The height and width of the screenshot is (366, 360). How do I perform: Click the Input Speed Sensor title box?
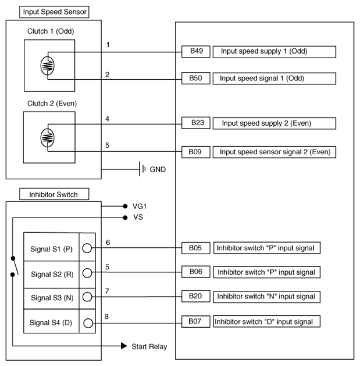[47, 11]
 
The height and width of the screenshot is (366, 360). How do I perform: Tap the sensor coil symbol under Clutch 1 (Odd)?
[48, 66]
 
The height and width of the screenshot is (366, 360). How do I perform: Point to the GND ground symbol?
[142, 169]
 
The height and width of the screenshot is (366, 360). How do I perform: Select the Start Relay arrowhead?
[124, 346]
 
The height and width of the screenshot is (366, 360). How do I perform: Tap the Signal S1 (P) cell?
[51, 249]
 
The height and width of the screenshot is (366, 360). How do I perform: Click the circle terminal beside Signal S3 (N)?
[87, 297]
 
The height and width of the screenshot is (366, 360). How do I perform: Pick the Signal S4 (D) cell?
[51, 321]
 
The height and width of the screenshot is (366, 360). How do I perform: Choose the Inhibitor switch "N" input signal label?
[267, 297]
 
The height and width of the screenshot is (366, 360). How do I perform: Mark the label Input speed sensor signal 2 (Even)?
[275, 152]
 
